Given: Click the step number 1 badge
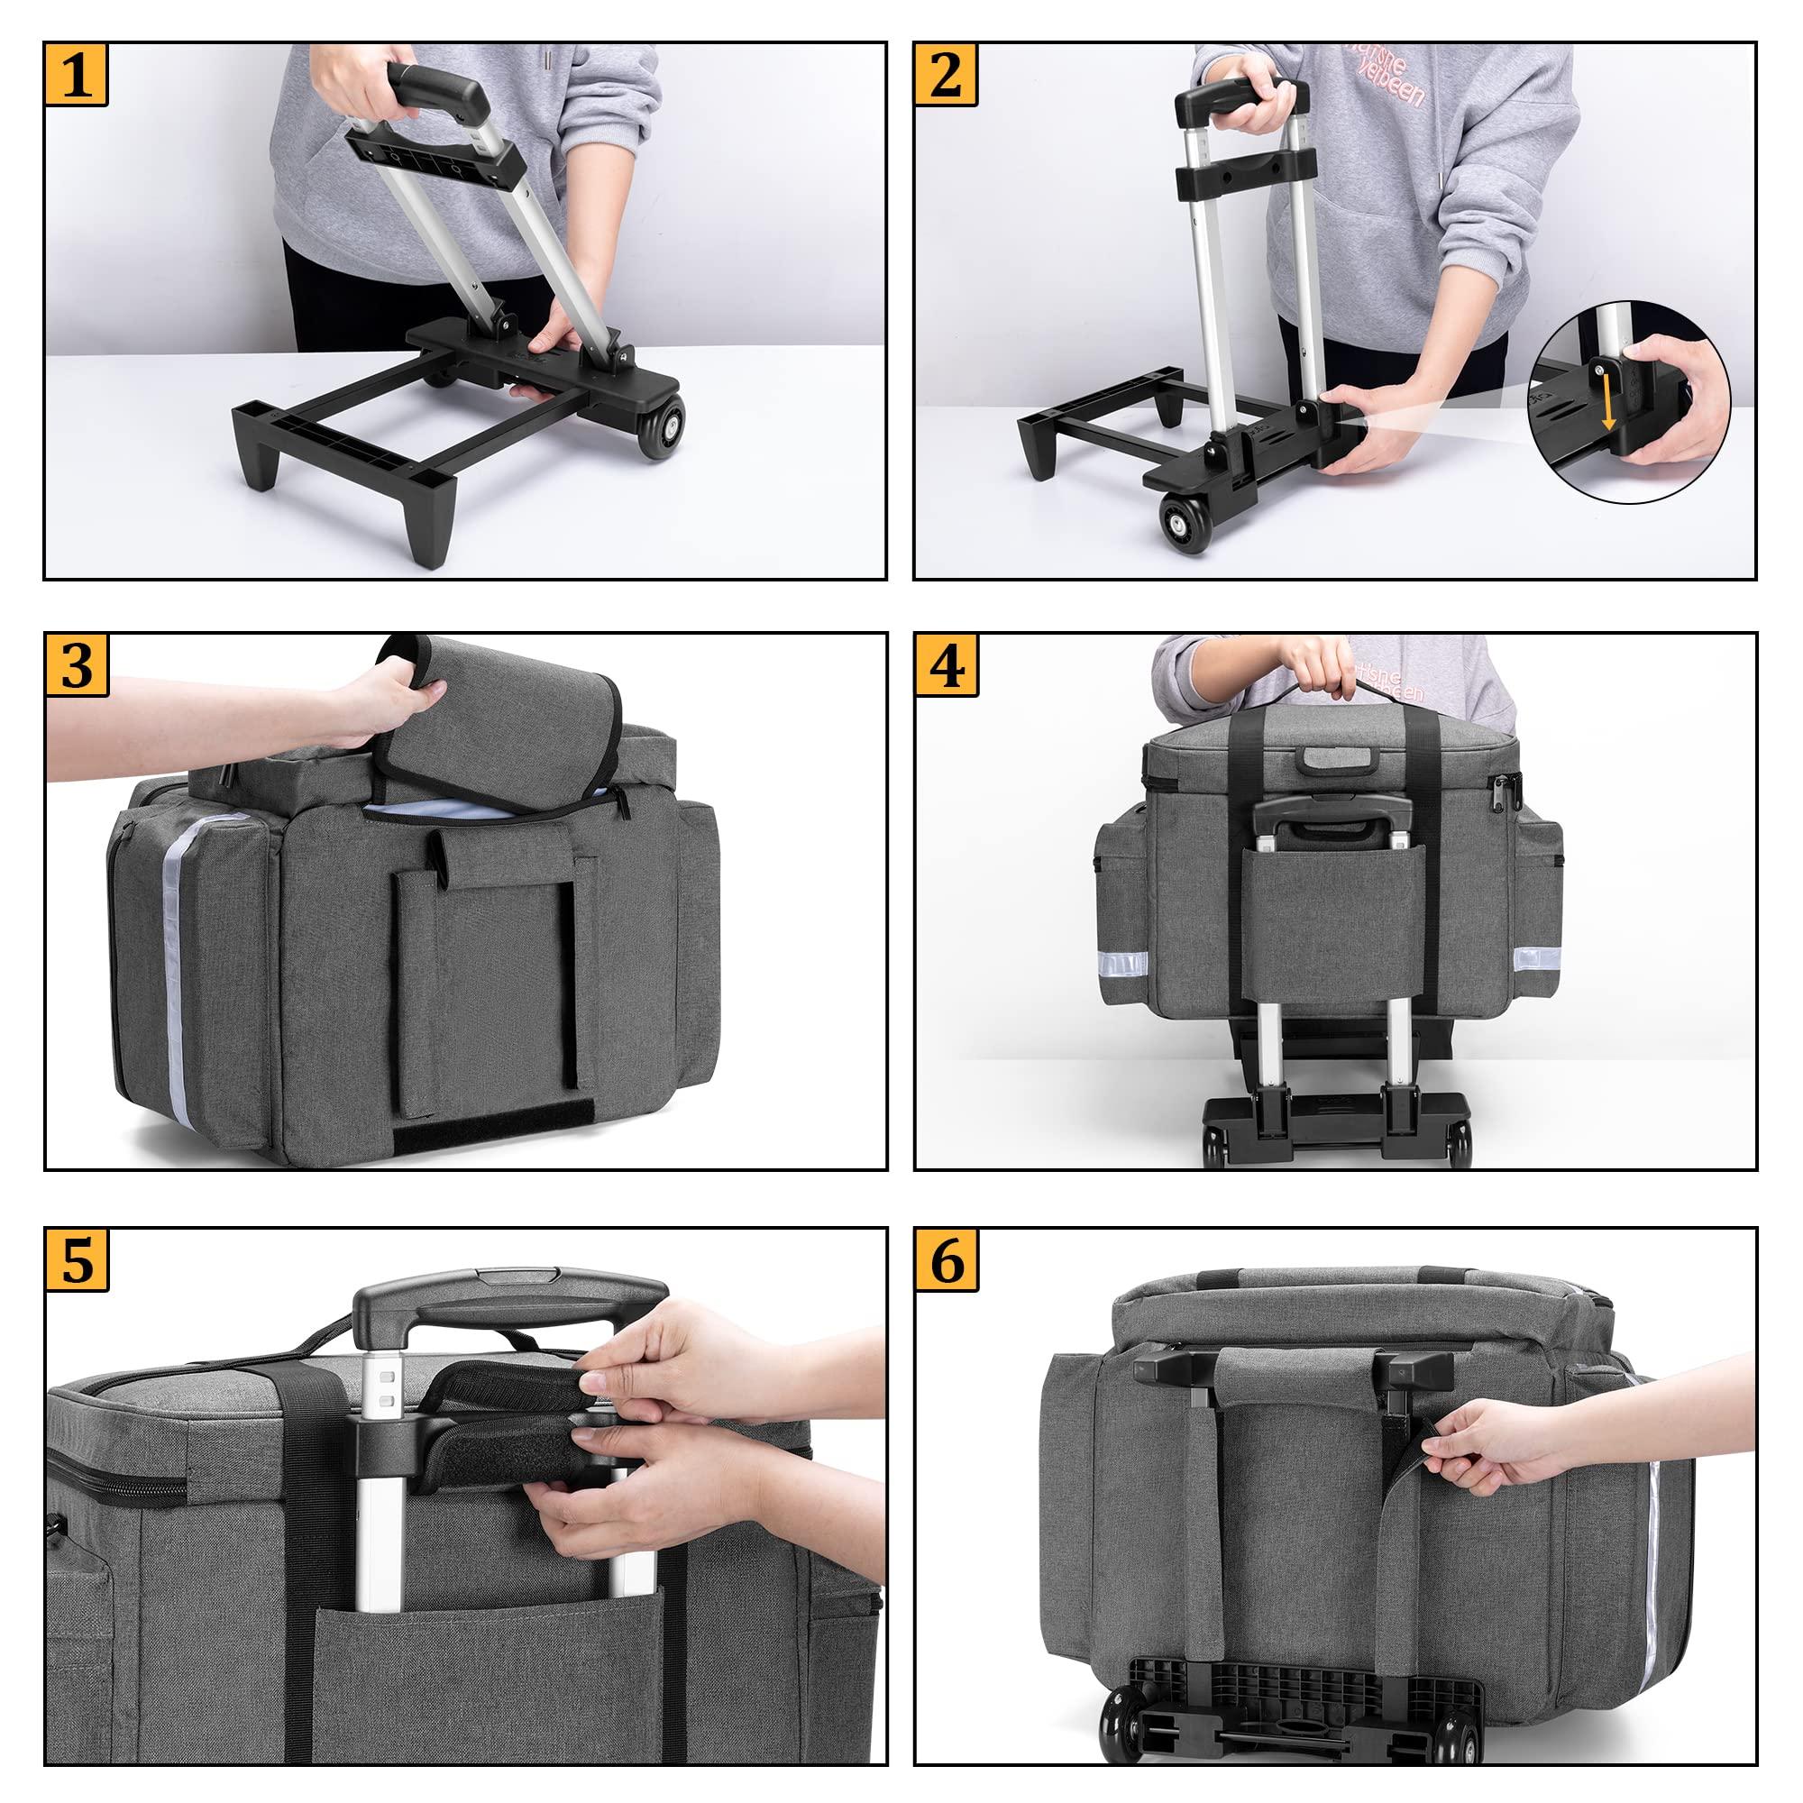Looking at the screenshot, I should [x=77, y=74].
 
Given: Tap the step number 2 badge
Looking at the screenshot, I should [x=947, y=74].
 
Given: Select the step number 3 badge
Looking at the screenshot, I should [x=77, y=664].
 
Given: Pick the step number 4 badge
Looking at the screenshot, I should [x=947, y=664].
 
